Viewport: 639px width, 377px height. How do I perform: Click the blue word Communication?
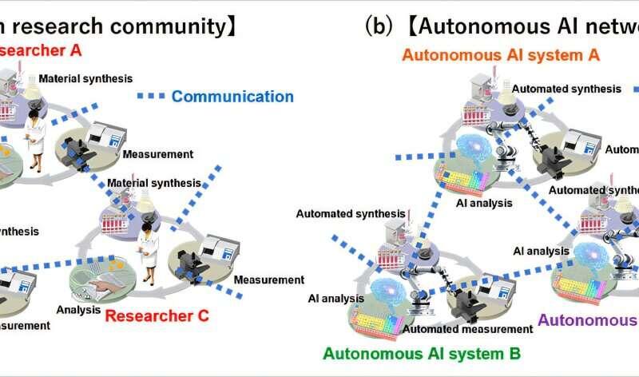pyautogui.click(x=232, y=97)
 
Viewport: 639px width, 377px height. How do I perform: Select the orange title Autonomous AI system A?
pyautogui.click(x=501, y=55)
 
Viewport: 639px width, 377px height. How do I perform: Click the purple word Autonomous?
pyautogui.click(x=587, y=320)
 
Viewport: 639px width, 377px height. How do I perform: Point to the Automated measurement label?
pyautogui.click(x=467, y=328)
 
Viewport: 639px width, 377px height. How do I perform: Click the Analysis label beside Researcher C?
pyautogui.click(x=78, y=310)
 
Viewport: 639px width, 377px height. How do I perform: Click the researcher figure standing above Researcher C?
pyautogui.click(x=148, y=254)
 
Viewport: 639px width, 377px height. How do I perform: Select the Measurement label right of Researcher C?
pyautogui.click(x=268, y=280)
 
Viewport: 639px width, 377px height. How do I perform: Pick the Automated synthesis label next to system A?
pyautogui.click(x=560, y=89)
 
